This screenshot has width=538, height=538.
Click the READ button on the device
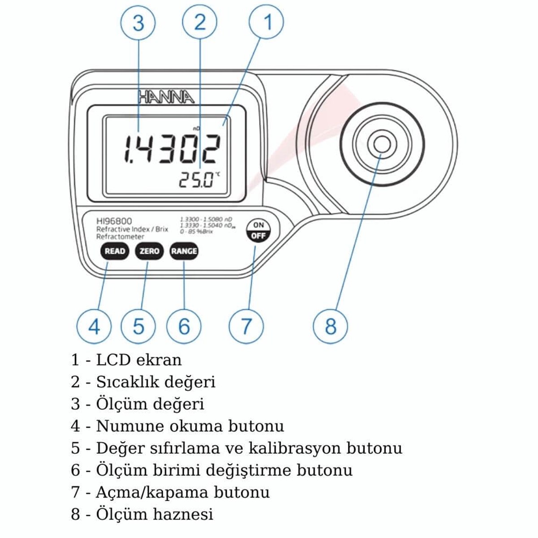114,251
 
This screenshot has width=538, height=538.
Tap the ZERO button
149,251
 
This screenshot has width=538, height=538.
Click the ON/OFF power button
258,230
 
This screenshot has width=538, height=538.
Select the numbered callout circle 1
267,22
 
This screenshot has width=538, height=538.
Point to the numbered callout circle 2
200,22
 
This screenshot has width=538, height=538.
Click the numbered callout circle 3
138,22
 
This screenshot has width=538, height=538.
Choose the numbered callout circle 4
94,326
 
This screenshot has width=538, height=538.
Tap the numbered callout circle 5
139,326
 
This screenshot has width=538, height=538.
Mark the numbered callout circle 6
184,326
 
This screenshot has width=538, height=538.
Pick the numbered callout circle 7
246,326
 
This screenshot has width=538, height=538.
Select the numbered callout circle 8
330,326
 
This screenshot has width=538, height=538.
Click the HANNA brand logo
165,97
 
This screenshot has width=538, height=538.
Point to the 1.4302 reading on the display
172,149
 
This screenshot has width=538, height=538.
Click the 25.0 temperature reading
197,180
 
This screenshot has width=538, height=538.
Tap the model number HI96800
114,221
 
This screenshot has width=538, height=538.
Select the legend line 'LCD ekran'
126,360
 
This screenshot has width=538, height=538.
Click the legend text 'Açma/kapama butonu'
170,492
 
